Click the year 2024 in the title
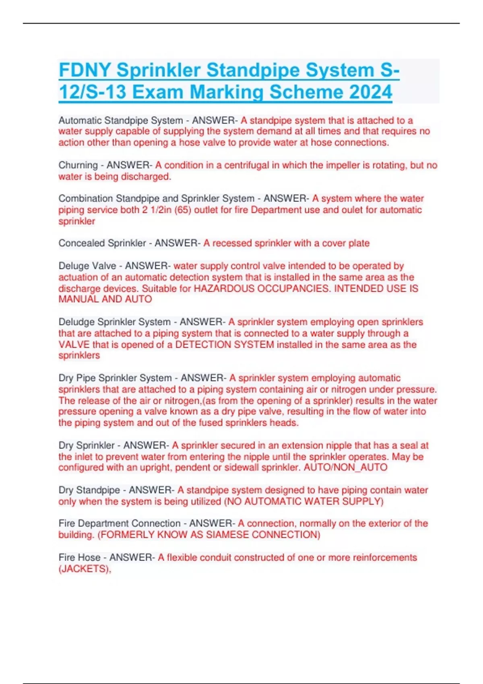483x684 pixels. pyautogui.click(x=371, y=92)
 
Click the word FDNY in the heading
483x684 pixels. pyautogui.click(x=85, y=70)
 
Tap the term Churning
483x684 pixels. pyautogui.click(x=78, y=165)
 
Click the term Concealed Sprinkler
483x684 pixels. pyautogui.click(x=102, y=243)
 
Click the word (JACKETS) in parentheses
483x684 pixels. pyautogui.click(x=85, y=569)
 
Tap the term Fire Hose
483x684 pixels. pyautogui.click(x=79, y=558)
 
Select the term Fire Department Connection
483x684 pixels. pyautogui.click(x=120, y=523)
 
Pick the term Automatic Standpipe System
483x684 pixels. pyautogui.click(x=120, y=120)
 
